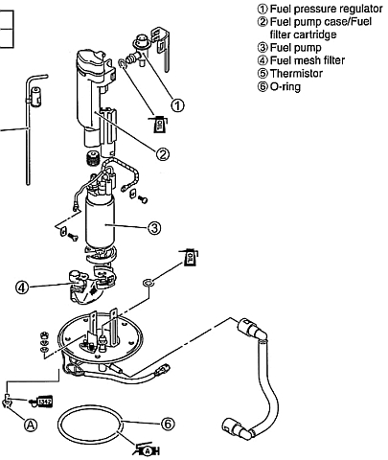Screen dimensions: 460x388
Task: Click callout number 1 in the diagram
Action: pyautogui.click(x=177, y=103)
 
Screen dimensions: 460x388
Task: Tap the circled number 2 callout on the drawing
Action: pyautogui.click(x=163, y=153)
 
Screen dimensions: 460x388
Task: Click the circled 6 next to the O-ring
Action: pyautogui.click(x=168, y=422)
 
